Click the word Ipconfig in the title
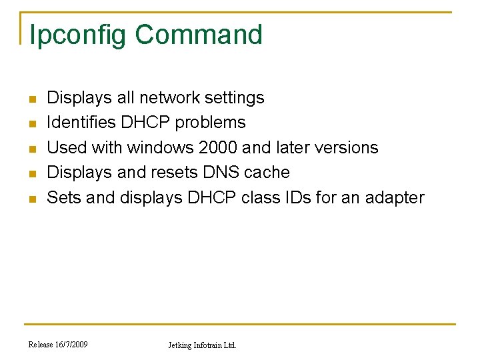coord(77,35)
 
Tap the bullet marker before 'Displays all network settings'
coord(31,99)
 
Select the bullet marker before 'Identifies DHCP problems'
coord(31,124)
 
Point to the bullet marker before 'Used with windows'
coord(31,149)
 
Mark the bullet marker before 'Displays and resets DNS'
coord(31,173)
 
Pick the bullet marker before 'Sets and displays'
coord(31,199)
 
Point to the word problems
coord(210,123)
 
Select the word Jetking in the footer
coord(179,345)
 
